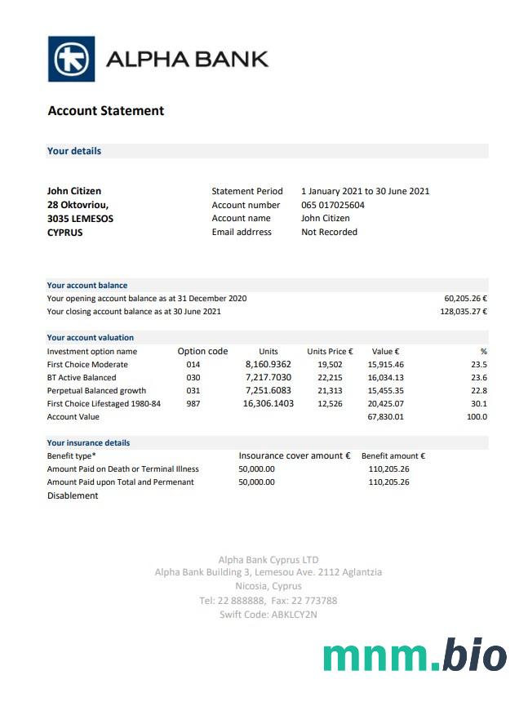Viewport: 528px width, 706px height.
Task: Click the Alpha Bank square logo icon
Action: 71,59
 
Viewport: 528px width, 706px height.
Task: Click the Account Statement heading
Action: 106,111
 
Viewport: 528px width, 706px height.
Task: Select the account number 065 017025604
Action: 333,205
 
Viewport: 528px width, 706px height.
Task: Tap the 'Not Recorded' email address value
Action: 329,232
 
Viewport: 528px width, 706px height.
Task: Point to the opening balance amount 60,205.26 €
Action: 465,299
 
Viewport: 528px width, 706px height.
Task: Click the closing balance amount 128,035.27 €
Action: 463,312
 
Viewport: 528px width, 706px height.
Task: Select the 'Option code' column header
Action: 202,351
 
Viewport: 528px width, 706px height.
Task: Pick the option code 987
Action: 193,403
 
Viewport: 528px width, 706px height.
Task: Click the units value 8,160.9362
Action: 268,364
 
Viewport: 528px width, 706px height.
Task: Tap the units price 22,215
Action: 330,377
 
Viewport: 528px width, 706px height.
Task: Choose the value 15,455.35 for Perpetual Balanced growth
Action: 385,390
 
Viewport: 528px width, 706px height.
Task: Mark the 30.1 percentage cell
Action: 478,403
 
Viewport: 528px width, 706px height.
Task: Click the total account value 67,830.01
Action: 385,416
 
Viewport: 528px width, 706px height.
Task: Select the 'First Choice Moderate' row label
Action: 87,364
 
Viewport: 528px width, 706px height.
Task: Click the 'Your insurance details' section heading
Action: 88,442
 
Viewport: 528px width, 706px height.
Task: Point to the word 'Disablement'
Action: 73,495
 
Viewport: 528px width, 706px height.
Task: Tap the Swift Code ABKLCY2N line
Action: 268,615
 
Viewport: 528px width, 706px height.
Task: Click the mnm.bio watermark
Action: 414,656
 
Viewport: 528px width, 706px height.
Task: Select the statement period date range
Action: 365,191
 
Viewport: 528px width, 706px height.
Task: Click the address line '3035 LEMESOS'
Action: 80,219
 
